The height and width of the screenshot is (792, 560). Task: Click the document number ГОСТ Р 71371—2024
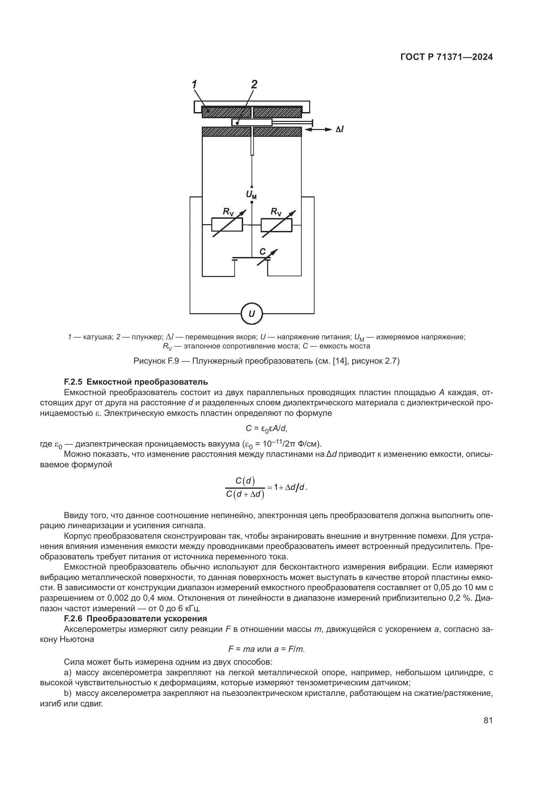tap(447, 57)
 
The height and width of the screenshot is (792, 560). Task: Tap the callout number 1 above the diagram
tap(194, 85)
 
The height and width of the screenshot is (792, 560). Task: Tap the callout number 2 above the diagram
tap(254, 85)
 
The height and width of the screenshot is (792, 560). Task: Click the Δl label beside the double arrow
tap(339, 129)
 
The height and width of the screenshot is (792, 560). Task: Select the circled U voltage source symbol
tap(252, 314)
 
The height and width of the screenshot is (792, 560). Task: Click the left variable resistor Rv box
tap(227, 225)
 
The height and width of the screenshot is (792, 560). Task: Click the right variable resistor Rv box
tap(276, 225)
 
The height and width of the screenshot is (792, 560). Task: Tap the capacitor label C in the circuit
tap(262, 252)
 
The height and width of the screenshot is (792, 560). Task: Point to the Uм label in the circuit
tap(251, 195)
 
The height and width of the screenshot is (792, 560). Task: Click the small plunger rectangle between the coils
tap(252, 123)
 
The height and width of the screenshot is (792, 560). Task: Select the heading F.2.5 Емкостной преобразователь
tap(136, 382)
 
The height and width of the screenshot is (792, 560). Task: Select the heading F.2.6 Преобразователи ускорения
tap(135, 619)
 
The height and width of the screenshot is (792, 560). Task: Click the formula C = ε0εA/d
tap(266, 428)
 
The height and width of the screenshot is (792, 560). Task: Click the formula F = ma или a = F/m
tap(266, 649)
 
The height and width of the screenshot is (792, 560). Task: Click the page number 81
tap(488, 721)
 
